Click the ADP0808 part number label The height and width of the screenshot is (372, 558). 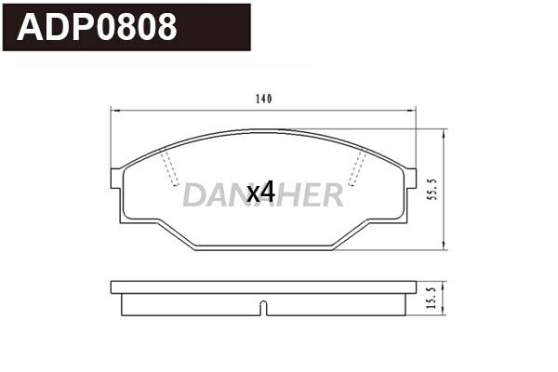pos(98,27)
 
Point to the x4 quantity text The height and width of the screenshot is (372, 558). pos(260,193)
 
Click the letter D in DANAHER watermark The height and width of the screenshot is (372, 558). pos(194,193)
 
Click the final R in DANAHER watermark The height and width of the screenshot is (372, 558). pos(331,193)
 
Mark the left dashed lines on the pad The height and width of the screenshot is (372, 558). pos(169,167)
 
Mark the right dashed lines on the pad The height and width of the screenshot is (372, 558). pos(357,167)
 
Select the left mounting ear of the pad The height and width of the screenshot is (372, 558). pos(116,179)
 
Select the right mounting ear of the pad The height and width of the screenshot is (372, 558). pos(410,179)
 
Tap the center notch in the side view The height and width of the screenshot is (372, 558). pos(263,308)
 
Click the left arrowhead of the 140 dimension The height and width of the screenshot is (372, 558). pos(113,110)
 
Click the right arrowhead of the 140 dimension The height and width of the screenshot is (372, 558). pos(413,110)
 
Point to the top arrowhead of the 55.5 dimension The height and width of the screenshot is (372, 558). pos(443,131)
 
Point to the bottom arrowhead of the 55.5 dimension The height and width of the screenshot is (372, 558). pos(443,247)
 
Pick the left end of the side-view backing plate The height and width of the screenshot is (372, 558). pos(113,287)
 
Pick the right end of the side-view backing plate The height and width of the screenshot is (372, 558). pos(414,287)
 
